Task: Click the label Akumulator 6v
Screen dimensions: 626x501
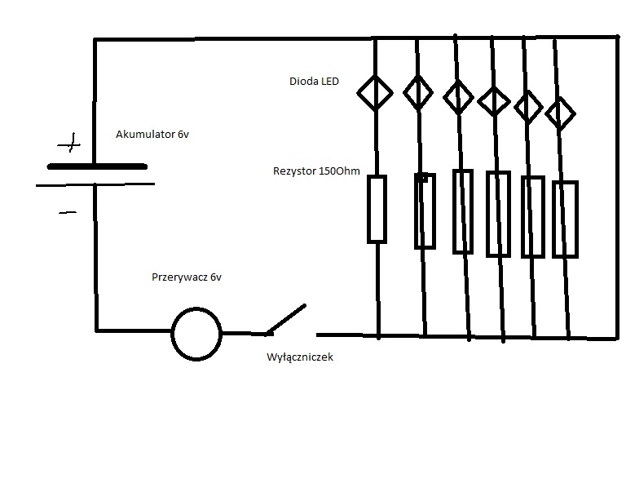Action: tap(152, 135)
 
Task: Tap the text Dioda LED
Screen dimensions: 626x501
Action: tap(314, 81)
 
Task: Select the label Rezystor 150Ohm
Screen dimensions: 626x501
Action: tap(316, 171)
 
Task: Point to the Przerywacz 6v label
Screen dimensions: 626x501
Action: tap(187, 277)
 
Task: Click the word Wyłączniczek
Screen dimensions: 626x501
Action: tap(300, 357)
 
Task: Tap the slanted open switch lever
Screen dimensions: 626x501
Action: tap(286, 319)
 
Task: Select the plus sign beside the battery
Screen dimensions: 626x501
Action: tap(70, 144)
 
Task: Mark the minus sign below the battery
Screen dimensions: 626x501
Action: tap(68, 213)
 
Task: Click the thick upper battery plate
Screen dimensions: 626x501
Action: tap(97, 166)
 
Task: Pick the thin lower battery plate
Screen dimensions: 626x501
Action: tap(95, 184)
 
